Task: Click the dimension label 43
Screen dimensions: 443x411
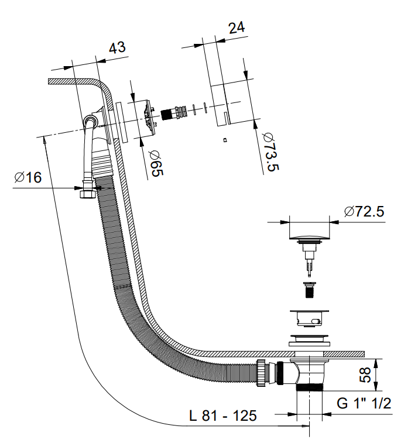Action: pos(117,47)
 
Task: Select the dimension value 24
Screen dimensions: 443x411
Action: pos(237,27)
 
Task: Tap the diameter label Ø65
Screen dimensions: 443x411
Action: pos(156,163)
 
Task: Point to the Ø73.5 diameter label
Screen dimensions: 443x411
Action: pos(270,151)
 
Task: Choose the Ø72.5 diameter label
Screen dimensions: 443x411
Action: pos(364,212)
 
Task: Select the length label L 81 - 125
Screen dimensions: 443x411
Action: pos(222,415)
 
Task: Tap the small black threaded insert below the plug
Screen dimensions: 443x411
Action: pos(309,289)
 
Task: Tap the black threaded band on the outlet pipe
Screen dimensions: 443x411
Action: pos(310,387)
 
